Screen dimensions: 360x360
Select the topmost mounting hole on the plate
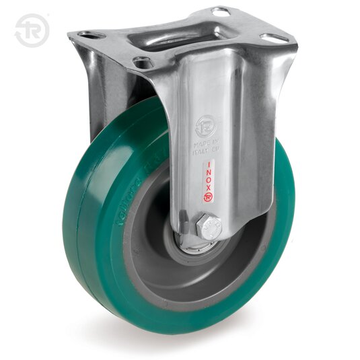click(x=220, y=11)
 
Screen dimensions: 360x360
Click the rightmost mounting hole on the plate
click(x=274, y=38)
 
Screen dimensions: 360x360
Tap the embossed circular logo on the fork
click(x=205, y=127)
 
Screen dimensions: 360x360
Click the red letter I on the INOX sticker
click(x=209, y=164)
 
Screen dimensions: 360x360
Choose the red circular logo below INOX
click(x=209, y=196)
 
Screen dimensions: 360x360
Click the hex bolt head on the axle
click(x=209, y=227)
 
